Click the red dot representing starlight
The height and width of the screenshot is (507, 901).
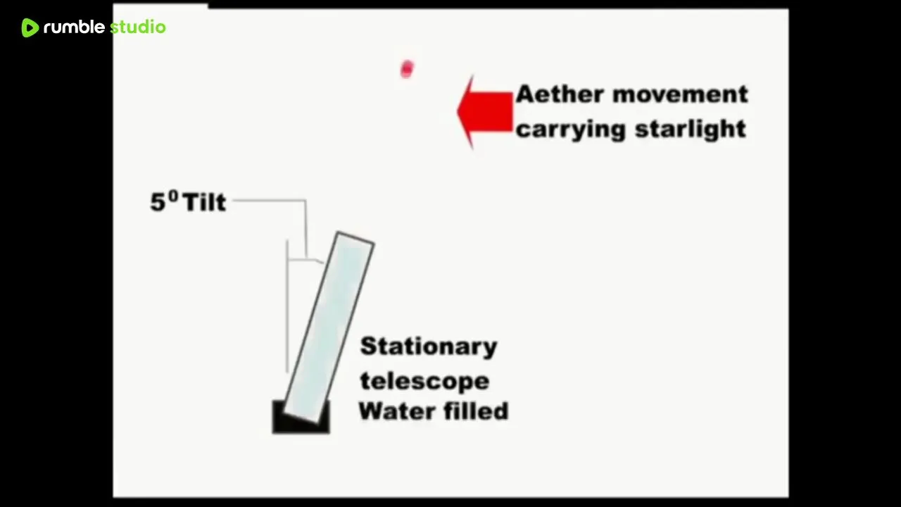407,69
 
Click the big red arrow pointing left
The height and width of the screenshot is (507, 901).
485,112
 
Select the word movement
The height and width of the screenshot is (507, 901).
680,94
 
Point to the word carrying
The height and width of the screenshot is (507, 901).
571,130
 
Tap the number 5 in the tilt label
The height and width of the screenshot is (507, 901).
158,202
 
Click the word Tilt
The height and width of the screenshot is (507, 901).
204,202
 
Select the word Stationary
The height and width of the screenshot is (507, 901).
429,347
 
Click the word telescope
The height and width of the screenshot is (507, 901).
424,381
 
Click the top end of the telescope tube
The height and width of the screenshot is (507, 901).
356,238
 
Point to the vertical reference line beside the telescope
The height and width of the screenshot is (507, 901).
287,306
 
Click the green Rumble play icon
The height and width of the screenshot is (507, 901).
30,27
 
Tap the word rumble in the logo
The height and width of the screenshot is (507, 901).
74,27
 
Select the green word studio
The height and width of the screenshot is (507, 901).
137,27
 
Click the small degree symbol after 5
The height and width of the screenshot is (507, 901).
173,196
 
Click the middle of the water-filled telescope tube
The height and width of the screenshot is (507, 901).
329,328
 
